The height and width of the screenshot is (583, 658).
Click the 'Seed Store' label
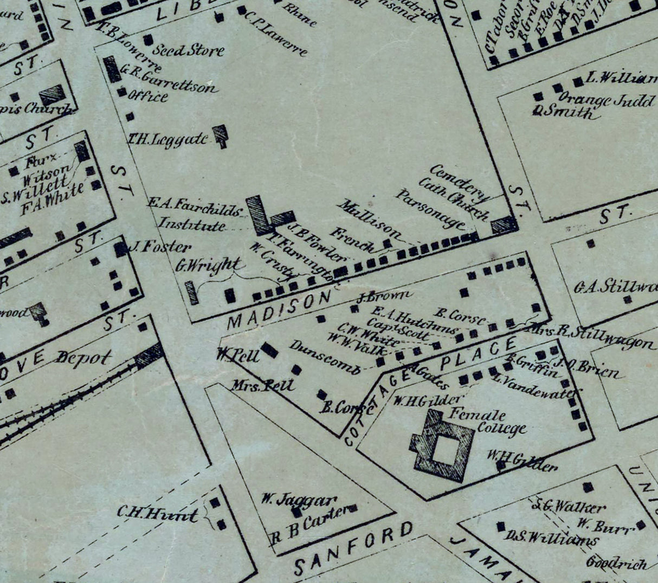click(188, 51)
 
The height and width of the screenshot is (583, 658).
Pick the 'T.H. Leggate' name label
click(167, 139)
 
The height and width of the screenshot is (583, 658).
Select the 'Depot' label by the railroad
click(83, 358)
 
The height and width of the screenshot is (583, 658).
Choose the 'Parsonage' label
click(429, 209)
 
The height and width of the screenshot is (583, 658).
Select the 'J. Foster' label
click(160, 248)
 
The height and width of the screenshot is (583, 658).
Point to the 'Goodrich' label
click(616, 563)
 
